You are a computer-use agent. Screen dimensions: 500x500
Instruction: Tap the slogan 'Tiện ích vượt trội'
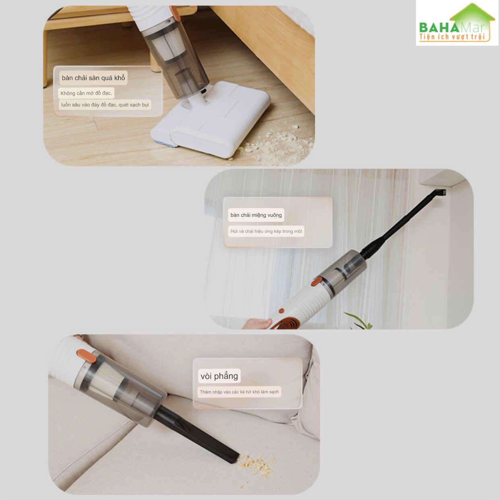pyautogui.click(x=452, y=37)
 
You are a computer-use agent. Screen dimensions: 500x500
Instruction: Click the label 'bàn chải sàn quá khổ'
pyautogui.click(x=93, y=78)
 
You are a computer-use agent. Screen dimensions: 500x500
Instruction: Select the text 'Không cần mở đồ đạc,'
pyautogui.click(x=86, y=93)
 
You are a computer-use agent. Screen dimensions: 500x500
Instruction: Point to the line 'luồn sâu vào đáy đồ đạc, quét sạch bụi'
pyautogui.click(x=105, y=105)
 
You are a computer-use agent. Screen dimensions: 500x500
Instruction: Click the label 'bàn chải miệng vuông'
pyautogui.click(x=256, y=215)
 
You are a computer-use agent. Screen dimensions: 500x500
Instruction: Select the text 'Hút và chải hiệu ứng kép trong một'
pyautogui.click(x=266, y=231)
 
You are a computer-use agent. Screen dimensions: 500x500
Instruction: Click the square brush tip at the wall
pyautogui.click(x=442, y=192)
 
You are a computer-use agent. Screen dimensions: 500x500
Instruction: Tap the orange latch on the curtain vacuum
pyautogui.click(x=316, y=281)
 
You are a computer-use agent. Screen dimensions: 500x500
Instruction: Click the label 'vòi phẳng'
pyautogui.click(x=219, y=376)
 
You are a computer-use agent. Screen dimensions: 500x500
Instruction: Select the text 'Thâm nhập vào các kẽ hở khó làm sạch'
pyautogui.click(x=239, y=392)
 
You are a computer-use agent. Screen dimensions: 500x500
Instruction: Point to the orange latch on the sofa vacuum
pyautogui.click(x=87, y=356)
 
